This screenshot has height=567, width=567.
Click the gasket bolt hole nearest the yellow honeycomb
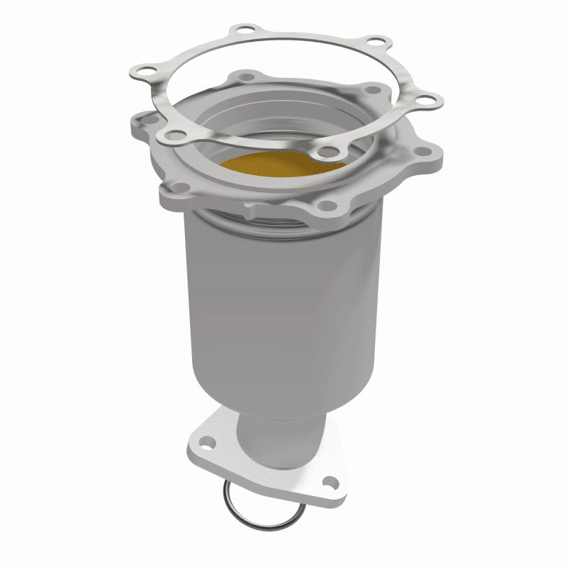click(327, 150)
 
